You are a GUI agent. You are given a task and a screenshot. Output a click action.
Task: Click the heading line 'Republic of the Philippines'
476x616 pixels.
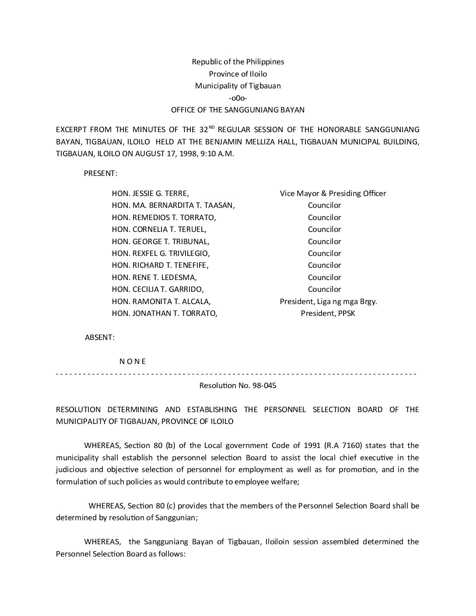[238, 62]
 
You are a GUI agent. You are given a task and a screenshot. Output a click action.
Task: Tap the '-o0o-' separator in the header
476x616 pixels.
[238, 98]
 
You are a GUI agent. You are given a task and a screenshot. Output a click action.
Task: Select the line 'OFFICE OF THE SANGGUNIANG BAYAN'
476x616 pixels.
[238, 110]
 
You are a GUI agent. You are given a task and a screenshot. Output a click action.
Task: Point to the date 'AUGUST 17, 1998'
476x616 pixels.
[161, 154]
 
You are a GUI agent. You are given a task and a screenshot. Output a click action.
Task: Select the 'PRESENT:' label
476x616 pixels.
[101, 173]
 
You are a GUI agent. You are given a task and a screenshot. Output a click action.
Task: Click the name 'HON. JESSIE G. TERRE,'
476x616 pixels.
[150, 193]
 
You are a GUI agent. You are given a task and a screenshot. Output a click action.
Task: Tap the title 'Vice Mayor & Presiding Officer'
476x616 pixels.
[333, 193]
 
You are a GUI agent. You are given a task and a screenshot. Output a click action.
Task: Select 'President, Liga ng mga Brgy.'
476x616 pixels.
[329, 301]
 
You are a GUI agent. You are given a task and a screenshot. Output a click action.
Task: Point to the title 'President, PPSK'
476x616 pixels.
[328, 313]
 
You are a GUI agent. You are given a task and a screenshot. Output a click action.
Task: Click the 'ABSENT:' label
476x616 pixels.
[100, 337]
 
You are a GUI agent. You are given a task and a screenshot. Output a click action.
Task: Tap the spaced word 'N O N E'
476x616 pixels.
[133, 361]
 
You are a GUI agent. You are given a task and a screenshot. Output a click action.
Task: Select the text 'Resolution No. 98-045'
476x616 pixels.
[238, 386]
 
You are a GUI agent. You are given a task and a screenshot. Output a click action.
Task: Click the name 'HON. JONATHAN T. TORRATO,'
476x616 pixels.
[165, 313]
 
